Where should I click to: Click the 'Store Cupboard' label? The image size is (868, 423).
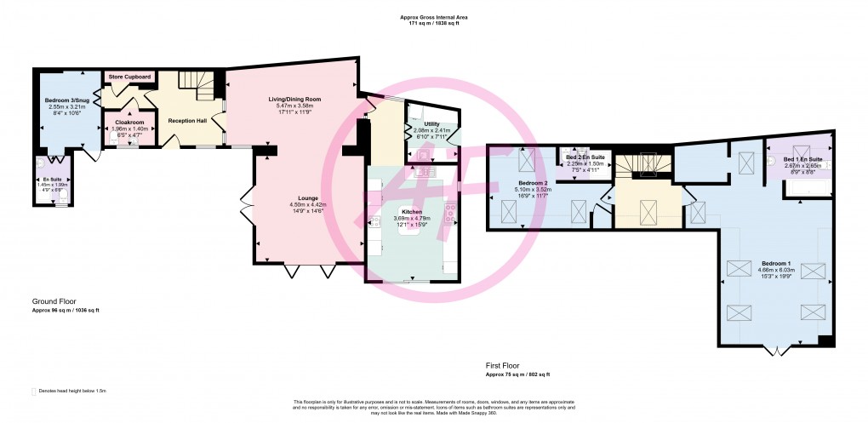tap(130, 77)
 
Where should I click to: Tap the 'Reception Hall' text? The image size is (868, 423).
tap(187, 121)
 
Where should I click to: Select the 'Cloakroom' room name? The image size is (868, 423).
tap(130, 122)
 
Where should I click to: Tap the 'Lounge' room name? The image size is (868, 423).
tap(297, 198)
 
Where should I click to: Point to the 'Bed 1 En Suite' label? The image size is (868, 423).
tap(802, 159)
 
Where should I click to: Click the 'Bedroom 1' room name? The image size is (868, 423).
tap(775, 263)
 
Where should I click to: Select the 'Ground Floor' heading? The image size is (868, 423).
tap(56, 301)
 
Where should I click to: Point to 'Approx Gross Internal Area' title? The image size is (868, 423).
tap(433, 17)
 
